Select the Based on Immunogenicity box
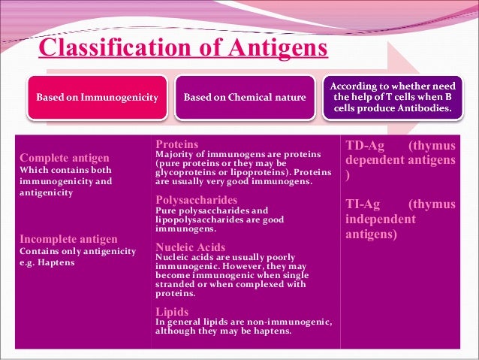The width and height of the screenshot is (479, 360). coord(98,98)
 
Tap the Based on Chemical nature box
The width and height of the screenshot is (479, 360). coord(245,98)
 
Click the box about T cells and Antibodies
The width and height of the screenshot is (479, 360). coord(391,97)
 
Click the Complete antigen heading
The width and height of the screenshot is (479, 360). coord(64,158)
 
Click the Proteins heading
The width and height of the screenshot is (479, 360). coord(176,144)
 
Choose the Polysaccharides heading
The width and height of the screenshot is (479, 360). coord(196,200)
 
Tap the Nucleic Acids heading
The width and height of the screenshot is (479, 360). coord(190,247)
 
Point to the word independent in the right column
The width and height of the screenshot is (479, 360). coord(380,219)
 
